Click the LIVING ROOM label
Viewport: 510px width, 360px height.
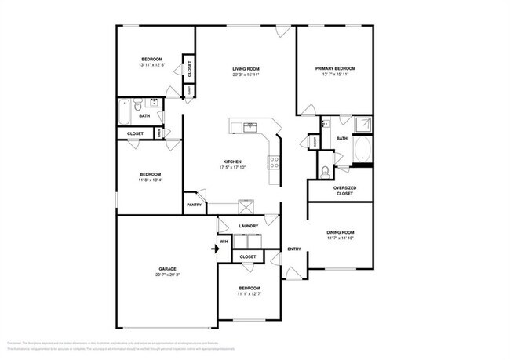245,69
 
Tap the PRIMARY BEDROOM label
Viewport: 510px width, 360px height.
335,69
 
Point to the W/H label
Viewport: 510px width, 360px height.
224,242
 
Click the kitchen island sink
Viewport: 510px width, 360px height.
250,126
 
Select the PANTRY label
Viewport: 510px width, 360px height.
195,205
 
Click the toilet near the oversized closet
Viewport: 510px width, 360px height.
326,171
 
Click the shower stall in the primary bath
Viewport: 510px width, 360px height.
362,125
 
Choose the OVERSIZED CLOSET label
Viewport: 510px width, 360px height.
345,190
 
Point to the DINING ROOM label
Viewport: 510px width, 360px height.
341,232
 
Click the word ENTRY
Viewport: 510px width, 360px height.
294,249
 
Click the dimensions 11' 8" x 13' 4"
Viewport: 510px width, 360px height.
151,180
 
